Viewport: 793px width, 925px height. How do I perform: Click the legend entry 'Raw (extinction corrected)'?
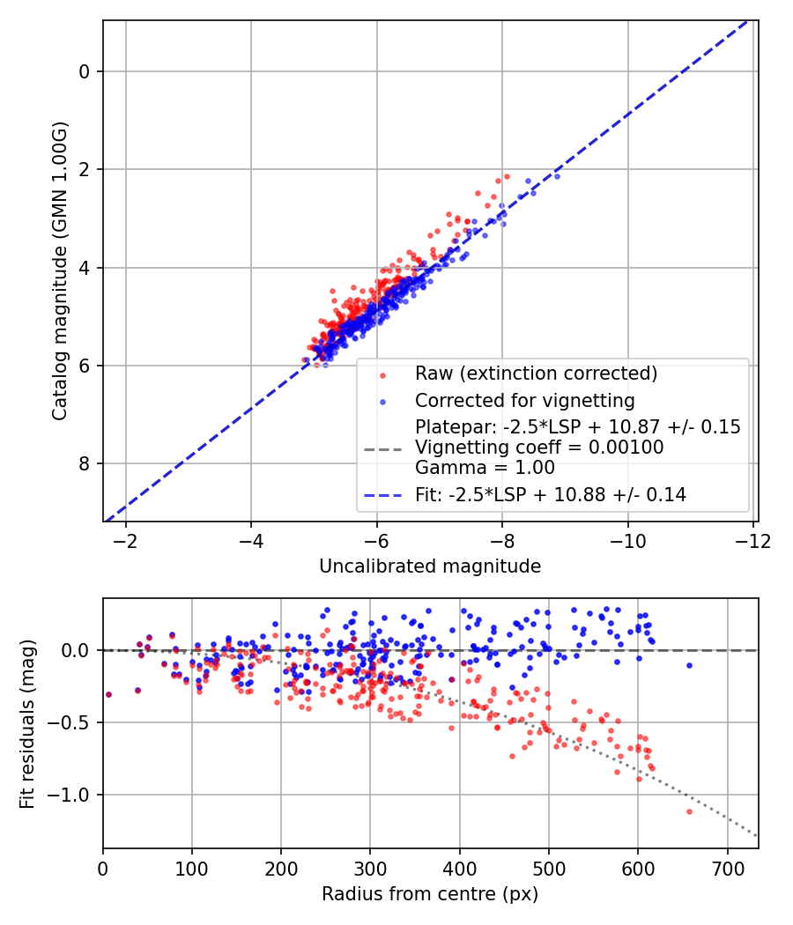[x=536, y=374]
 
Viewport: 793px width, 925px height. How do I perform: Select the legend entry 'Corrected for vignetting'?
[x=525, y=401]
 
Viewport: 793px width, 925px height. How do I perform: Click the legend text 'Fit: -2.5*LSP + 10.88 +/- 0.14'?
[x=551, y=495]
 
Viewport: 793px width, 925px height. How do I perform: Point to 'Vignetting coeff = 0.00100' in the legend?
[x=540, y=448]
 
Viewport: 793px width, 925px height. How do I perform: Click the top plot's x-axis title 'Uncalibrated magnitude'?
[x=430, y=566]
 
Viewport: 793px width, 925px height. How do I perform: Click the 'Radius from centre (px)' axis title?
[x=430, y=894]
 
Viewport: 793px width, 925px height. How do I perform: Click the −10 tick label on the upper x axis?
[x=627, y=538]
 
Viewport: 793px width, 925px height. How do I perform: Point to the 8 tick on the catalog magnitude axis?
[x=85, y=463]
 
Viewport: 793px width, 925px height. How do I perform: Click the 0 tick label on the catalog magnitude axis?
[x=85, y=71]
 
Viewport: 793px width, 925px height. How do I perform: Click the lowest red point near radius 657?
[x=689, y=811]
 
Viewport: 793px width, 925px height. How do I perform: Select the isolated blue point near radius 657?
[x=689, y=665]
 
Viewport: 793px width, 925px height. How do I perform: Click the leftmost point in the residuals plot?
[x=108, y=694]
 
